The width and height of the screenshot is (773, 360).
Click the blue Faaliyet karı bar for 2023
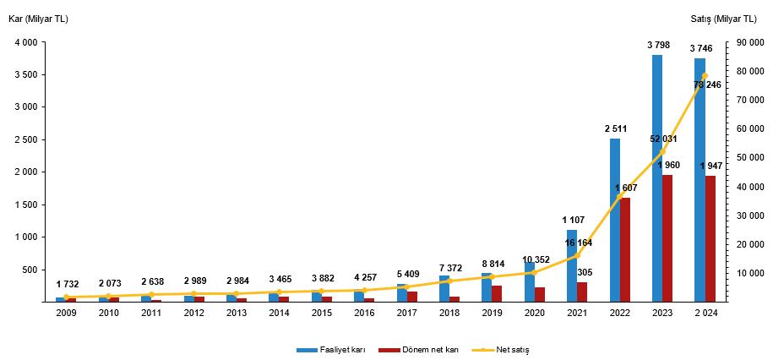coord(657,177)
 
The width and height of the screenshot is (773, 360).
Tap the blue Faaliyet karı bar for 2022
coord(614,220)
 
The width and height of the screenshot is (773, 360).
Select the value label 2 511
coord(615,128)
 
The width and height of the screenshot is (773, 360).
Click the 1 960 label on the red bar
coord(667,165)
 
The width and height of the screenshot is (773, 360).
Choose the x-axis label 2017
coord(406,313)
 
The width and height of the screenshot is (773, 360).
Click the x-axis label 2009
coord(65,313)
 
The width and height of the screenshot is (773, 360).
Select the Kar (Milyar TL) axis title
coord(39,19)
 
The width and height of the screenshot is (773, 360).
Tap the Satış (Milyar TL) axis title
coord(732,19)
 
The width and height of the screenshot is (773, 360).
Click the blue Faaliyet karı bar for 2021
coord(572,265)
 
